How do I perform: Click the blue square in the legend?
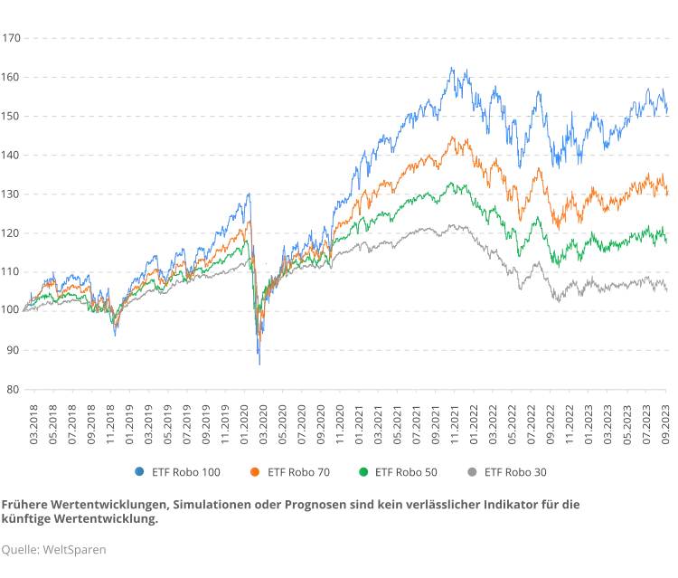[x=137, y=471]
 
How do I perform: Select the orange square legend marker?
[x=255, y=471]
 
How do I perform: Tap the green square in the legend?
[x=363, y=471]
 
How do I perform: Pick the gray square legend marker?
[x=469, y=471]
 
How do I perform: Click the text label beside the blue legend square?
[x=186, y=471]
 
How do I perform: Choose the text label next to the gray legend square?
[x=516, y=471]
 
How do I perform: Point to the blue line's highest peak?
[x=454, y=69]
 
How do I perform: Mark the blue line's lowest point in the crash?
[x=258, y=365]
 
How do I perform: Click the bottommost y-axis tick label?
[x=11, y=390]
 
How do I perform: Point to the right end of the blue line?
[x=668, y=107]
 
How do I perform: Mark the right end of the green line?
[x=668, y=240]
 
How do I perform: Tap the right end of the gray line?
[x=668, y=288]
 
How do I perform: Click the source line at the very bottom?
[x=54, y=549]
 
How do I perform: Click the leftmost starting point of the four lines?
[x=25, y=308]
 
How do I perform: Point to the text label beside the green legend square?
[x=409, y=471]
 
